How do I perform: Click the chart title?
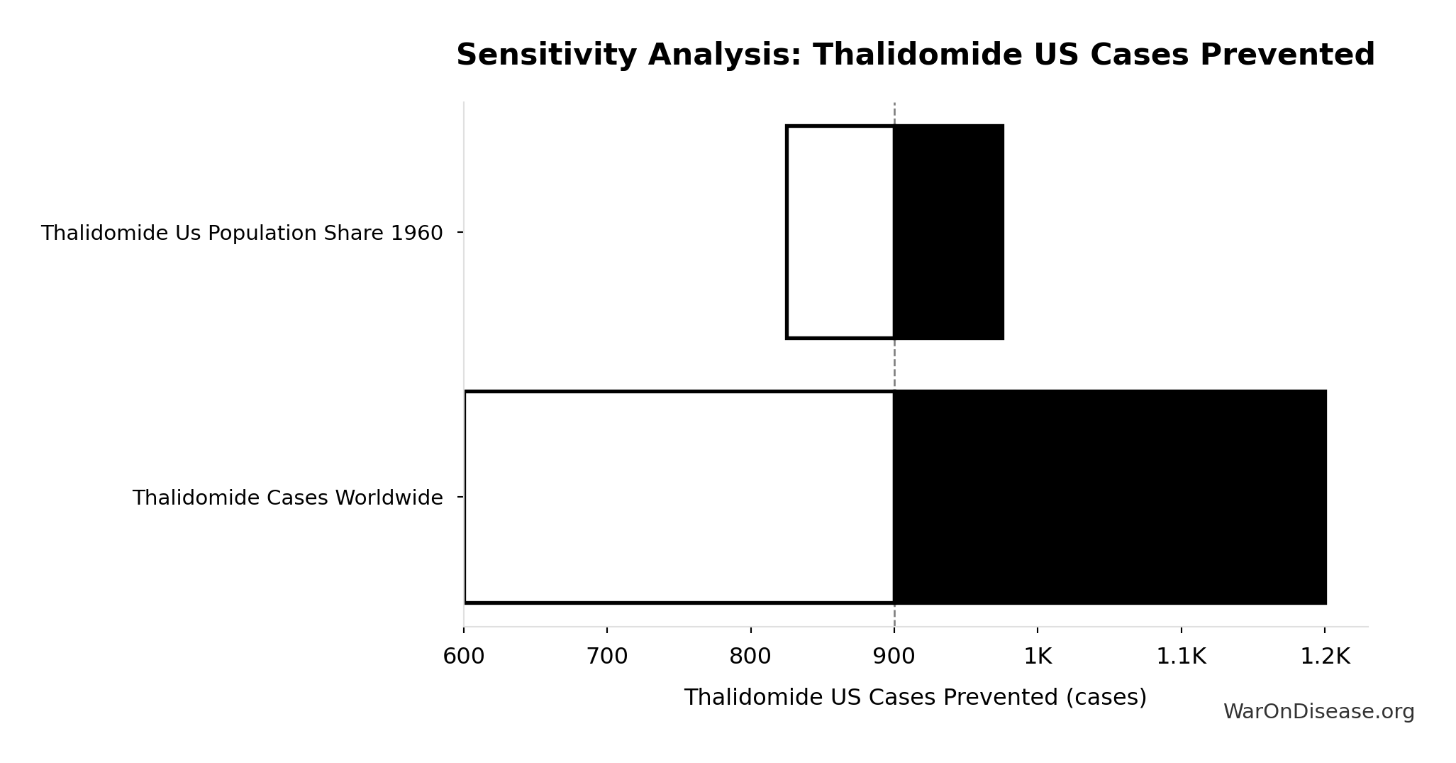915,55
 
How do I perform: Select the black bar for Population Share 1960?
948,232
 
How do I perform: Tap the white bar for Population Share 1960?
840,232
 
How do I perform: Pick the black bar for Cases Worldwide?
1109,497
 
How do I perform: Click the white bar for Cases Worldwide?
679,497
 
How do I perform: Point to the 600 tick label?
464,657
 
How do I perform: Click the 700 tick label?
607,657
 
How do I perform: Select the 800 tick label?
750,657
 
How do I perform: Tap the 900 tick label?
894,657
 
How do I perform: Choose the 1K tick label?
1038,657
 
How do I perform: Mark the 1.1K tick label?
1181,657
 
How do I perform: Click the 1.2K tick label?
1324,657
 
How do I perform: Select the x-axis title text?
915,698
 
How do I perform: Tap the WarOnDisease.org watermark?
1318,712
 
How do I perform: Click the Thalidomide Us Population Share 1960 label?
242,234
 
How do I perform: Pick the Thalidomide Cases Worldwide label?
287,498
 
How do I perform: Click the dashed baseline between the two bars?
894,365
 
